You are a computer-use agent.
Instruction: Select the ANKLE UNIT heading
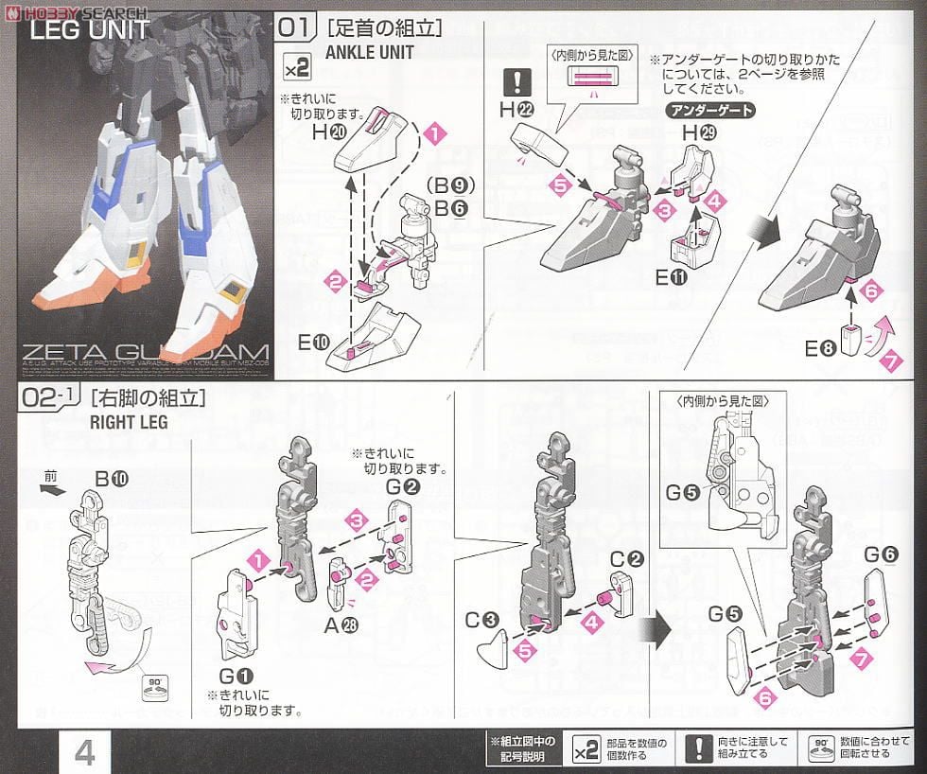(x=369, y=52)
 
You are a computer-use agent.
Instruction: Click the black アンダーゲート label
(x=711, y=111)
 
